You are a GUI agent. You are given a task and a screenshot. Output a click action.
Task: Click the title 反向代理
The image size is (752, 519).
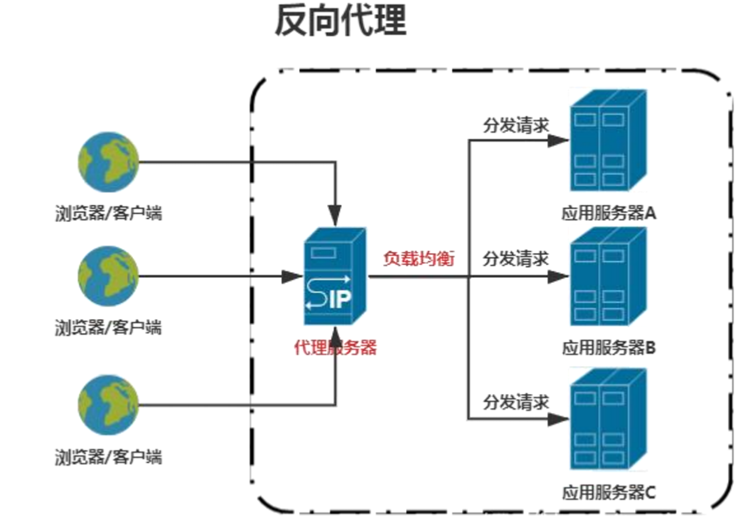coord(340,22)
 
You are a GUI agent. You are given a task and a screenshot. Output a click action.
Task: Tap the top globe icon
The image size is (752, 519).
coord(108,162)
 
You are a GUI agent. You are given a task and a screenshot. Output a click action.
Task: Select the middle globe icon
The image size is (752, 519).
coord(108,276)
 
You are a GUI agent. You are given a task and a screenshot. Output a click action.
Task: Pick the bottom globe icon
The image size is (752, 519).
coord(108,404)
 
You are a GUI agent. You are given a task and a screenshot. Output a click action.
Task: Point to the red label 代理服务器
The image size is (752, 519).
coord(335,348)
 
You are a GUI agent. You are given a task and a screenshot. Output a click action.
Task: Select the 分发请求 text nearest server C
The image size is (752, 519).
coord(516,403)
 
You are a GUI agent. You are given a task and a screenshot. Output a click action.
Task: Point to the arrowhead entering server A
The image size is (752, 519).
coord(560,140)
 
